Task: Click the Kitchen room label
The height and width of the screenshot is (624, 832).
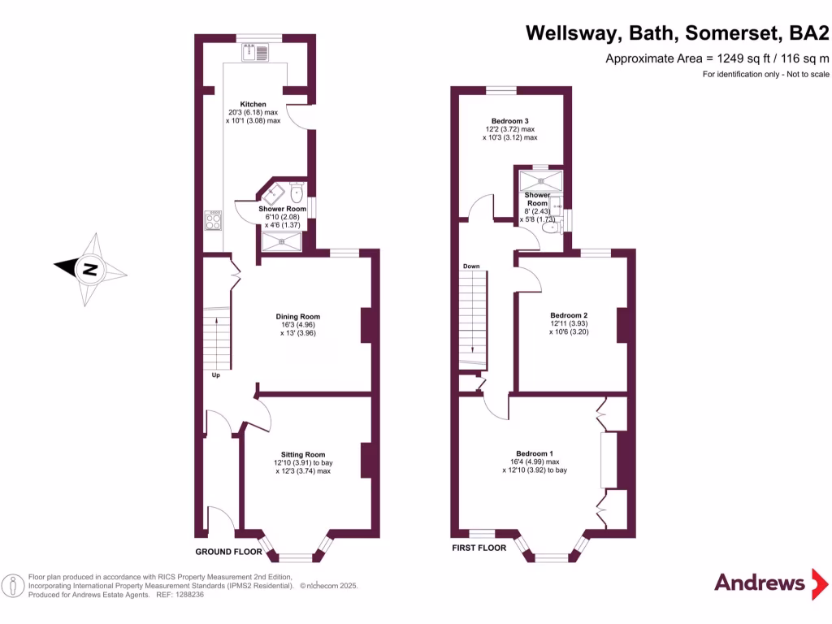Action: click(253, 105)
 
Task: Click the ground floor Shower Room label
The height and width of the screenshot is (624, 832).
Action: click(283, 209)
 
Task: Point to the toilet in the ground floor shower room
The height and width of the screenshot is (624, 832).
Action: click(296, 193)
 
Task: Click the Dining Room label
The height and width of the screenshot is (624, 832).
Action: click(298, 317)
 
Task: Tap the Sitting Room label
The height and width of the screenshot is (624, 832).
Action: click(303, 455)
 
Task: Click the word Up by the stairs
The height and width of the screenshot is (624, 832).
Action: click(216, 375)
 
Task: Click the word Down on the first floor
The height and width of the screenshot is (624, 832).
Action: click(471, 266)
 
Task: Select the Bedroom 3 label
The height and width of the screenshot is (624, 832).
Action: click(509, 121)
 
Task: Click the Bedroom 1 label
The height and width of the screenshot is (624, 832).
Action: click(535, 453)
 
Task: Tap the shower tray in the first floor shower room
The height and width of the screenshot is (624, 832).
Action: click(541, 180)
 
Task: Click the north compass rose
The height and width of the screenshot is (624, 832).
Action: click(90, 269)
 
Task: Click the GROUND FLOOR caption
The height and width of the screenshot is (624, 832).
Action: click(229, 552)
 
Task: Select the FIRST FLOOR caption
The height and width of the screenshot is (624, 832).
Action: click(479, 548)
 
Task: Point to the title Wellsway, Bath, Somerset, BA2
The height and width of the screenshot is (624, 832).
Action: click(678, 33)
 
